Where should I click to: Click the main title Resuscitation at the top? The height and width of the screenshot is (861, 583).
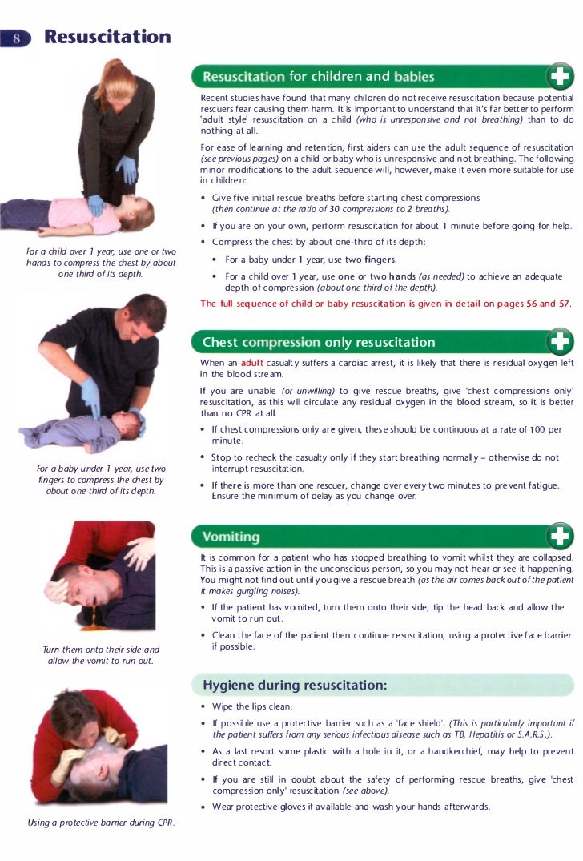point(107,37)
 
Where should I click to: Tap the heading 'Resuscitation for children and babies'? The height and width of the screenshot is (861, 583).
point(318,77)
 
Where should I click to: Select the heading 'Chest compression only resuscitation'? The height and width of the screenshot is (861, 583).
point(318,342)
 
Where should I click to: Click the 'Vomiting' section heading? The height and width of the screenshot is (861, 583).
point(231,536)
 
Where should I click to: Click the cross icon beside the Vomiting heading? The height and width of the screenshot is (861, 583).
point(558,536)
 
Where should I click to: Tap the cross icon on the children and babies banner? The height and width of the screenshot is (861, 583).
point(558,77)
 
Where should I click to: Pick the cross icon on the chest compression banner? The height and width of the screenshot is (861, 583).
point(558,342)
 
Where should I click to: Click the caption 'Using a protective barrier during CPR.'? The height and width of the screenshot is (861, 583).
point(101,823)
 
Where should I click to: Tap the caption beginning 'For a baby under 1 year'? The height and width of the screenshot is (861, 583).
point(101,479)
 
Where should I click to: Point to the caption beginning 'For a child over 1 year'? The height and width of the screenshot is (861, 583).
point(101,263)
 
